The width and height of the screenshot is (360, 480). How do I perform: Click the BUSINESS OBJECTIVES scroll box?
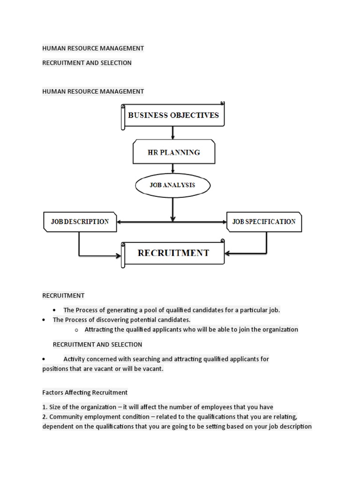(173, 115)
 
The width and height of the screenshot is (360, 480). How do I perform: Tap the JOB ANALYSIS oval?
(172, 185)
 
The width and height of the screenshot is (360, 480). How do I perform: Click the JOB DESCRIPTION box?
(80, 222)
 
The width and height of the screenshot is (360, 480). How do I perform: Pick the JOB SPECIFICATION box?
(264, 222)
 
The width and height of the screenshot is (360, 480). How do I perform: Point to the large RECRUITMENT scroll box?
(173, 254)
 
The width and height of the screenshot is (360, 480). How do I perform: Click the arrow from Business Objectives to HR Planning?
(173, 133)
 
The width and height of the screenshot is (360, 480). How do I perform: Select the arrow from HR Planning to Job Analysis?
(173, 168)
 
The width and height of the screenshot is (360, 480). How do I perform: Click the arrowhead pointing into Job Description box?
(120, 222)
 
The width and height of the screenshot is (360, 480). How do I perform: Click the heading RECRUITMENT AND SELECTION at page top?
(87, 63)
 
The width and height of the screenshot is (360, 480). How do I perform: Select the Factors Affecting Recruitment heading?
(85, 392)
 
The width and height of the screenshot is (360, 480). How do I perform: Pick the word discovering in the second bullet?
(114, 320)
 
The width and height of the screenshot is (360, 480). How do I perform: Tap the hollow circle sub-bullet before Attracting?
(77, 330)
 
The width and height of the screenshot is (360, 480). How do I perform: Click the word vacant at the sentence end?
(154, 369)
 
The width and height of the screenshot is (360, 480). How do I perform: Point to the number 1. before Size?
(45, 407)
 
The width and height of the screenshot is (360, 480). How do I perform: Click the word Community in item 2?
(66, 417)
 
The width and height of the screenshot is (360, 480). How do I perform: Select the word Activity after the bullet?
(75, 359)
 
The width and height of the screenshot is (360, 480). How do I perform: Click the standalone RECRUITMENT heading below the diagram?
(63, 295)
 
